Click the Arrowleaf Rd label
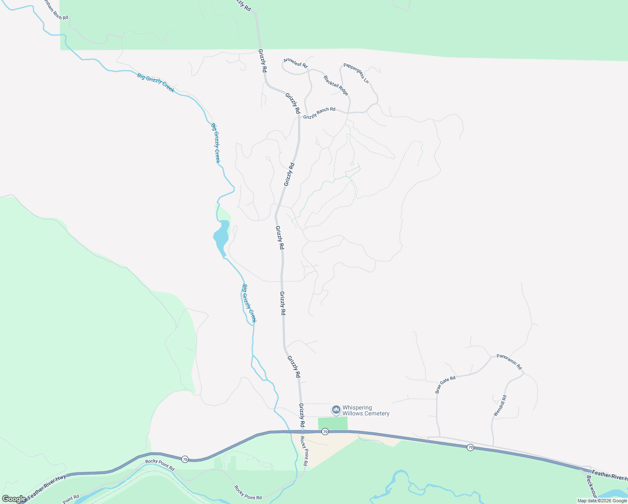[296, 63]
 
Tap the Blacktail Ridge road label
[336, 85]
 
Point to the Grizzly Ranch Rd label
[319, 113]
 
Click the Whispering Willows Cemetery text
[366, 410]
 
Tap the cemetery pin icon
[336, 409]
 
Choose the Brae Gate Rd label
[445, 384]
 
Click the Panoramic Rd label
[509, 362]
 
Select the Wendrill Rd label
[500, 406]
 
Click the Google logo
[14, 499]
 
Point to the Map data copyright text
[602, 501]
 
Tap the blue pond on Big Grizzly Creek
[221, 237]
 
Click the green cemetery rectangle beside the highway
[332, 423]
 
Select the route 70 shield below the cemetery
[325, 432]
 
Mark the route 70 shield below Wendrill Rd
[470, 448]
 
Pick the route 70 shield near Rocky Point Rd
[185, 459]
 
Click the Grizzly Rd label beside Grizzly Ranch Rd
[293, 103]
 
